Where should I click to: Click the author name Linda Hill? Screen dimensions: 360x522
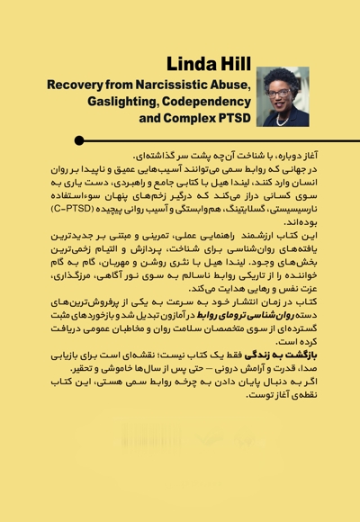(208, 63)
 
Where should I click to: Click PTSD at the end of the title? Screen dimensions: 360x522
(231, 117)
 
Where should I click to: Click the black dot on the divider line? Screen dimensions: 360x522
(80, 140)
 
